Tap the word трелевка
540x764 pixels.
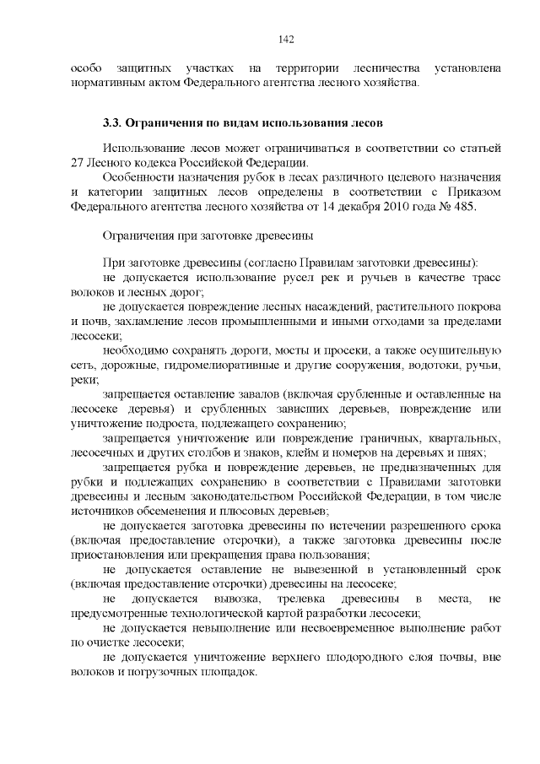pos(292,599)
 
